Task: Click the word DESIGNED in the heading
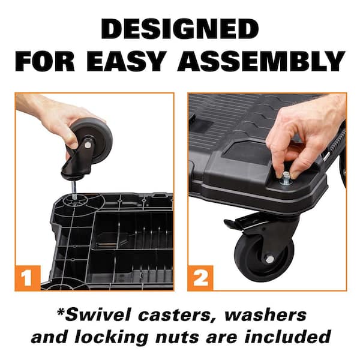point(180,29)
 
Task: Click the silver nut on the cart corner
point(286,177)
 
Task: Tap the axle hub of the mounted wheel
point(269,259)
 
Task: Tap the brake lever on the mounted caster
point(240,223)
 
